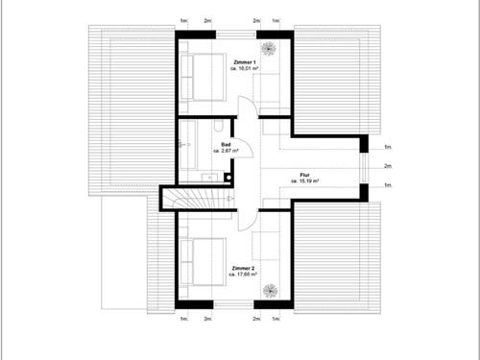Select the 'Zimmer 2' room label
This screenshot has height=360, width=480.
tap(242, 268)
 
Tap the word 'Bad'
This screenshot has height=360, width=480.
tap(225, 144)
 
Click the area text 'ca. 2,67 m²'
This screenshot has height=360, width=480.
tap(226, 151)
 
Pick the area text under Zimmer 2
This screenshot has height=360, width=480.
tap(242, 275)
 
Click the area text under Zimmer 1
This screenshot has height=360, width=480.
tap(244, 69)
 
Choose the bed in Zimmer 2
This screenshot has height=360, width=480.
tap(202, 261)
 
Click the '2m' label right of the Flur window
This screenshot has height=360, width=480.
tap(388, 165)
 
